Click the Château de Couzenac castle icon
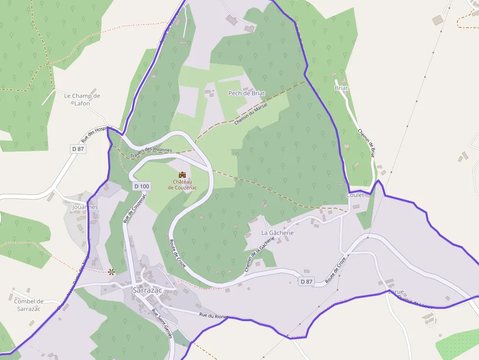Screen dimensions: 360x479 (x=182, y=174)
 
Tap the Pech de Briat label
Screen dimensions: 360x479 (x=246, y=93)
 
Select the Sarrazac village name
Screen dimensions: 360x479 (x=147, y=290)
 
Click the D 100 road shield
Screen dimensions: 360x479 (x=142, y=186)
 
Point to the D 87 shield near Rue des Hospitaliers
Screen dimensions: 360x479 (x=78, y=148)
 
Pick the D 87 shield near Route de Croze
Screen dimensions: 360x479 (x=306, y=281)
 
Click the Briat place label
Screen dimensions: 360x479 (x=341, y=88)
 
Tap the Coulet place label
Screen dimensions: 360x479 (x=355, y=195)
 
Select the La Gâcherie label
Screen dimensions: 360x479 (x=277, y=233)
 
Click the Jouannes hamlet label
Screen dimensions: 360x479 (x=85, y=207)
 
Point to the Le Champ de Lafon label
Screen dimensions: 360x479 (x=82, y=99)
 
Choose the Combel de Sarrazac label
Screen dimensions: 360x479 (x=29, y=305)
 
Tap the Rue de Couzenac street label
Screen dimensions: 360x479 (x=134, y=207)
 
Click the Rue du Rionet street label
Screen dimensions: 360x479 (x=213, y=316)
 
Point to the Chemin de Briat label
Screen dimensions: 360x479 (x=367, y=142)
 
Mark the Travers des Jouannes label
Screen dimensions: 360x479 (x=151, y=153)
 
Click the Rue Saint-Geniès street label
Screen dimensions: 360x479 (x=162, y=324)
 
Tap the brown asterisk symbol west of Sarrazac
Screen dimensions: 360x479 (x=111, y=272)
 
